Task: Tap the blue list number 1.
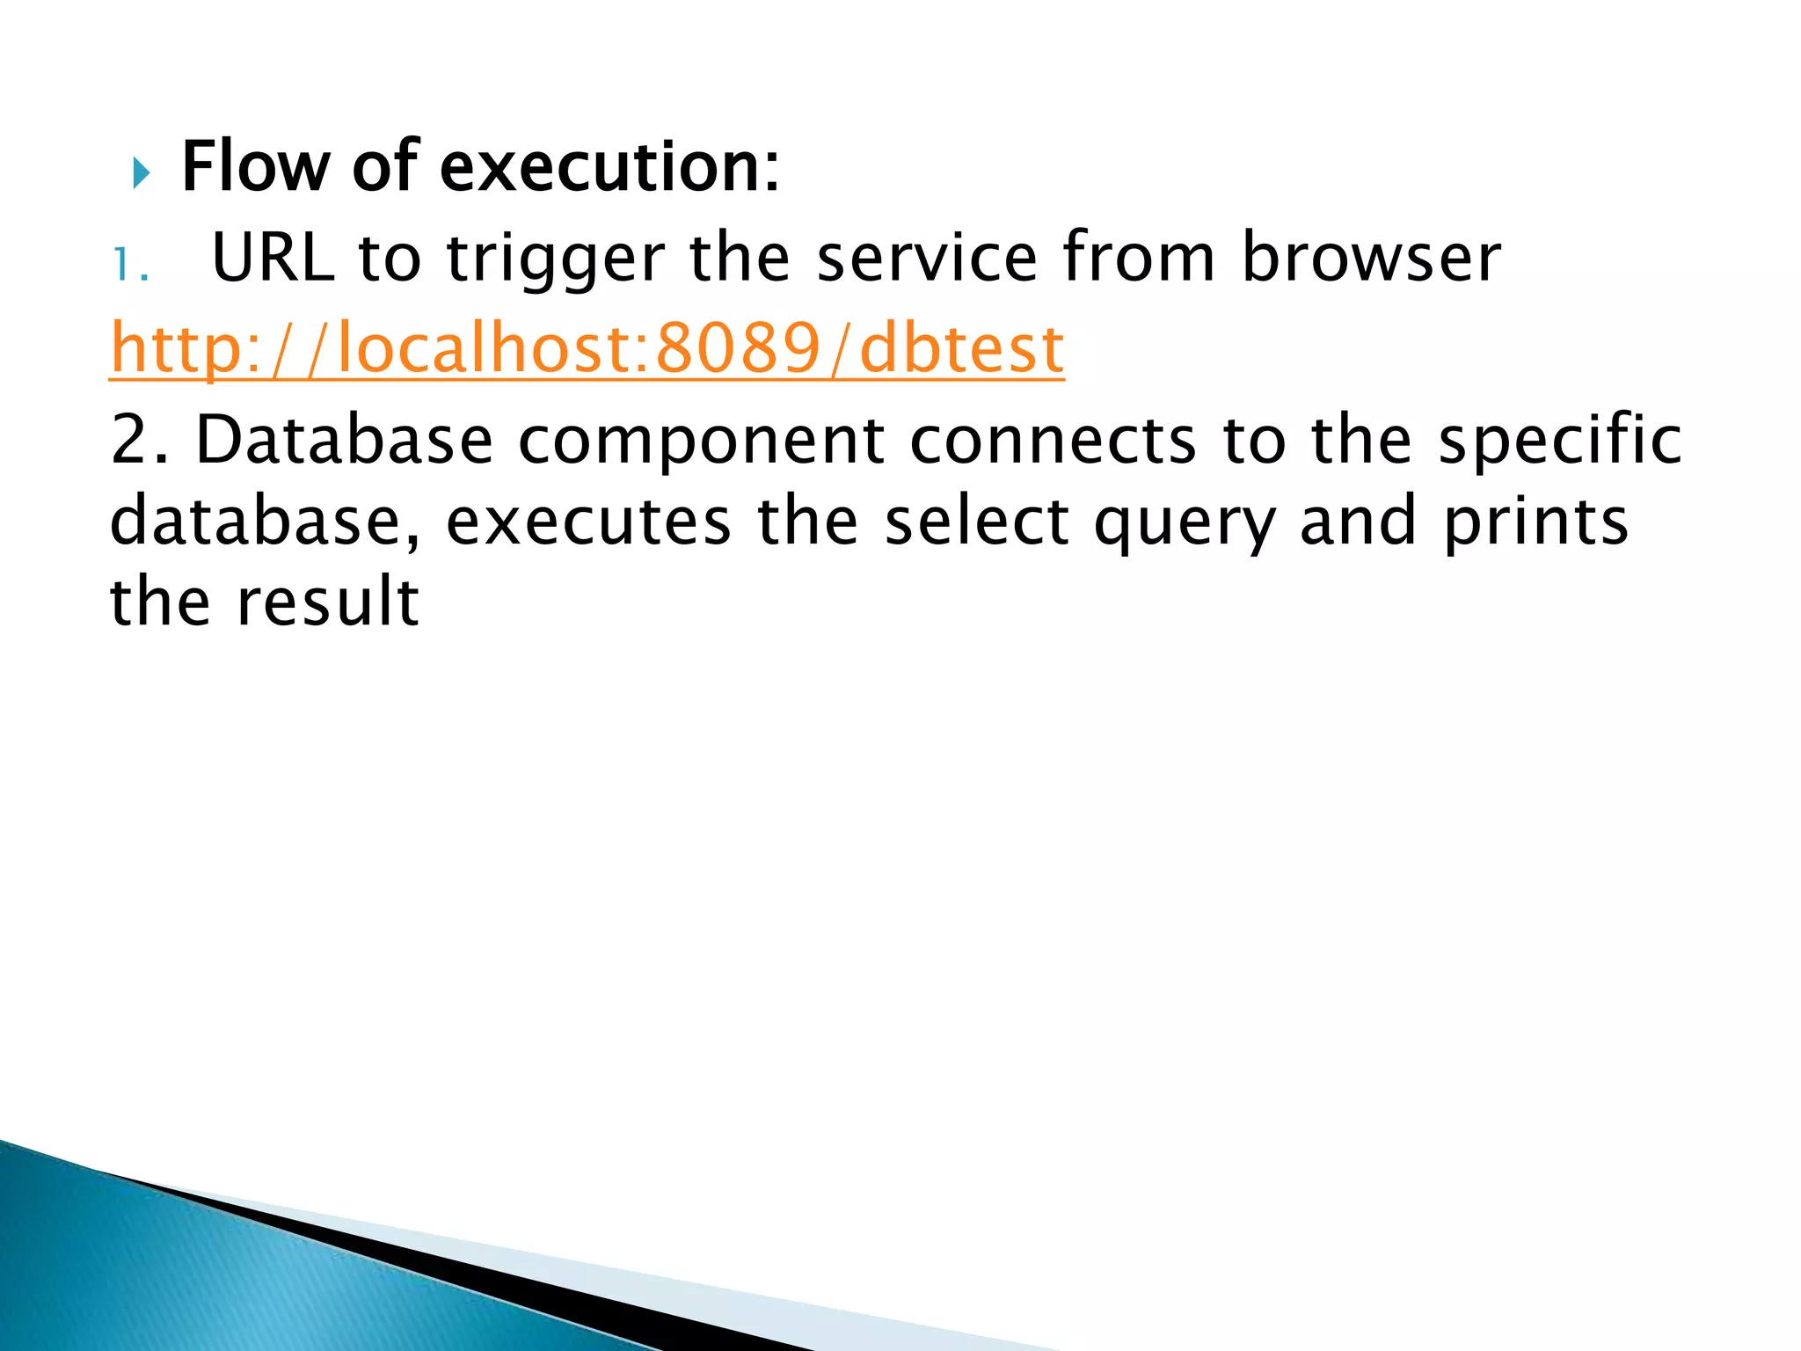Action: click(x=131, y=265)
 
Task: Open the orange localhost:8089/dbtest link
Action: click(x=587, y=349)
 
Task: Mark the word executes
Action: click(x=588, y=522)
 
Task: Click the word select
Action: click(x=977, y=522)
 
